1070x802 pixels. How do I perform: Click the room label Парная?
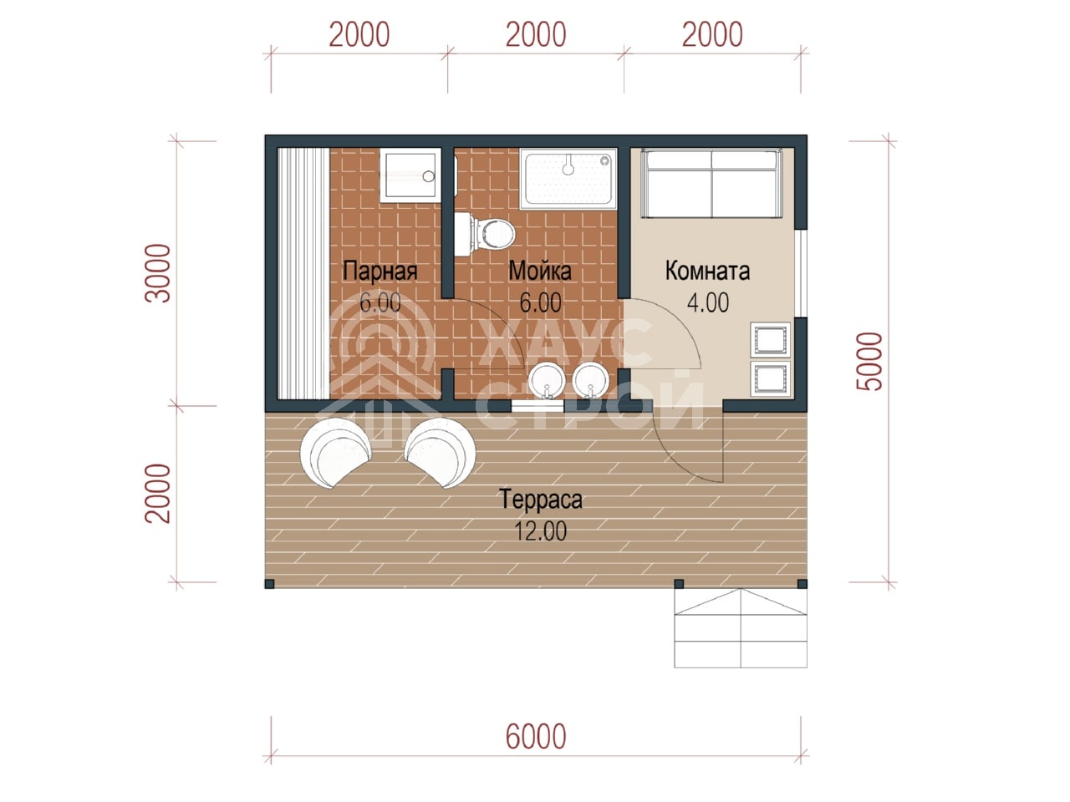tap(380, 271)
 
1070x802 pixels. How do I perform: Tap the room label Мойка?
tap(540, 271)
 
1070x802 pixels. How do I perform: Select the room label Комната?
tap(707, 271)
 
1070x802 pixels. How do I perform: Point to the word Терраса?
tap(541, 500)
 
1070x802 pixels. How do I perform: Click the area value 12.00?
tap(540, 530)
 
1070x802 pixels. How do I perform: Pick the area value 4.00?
tap(708, 302)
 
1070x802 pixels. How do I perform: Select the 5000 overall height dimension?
tap(869, 361)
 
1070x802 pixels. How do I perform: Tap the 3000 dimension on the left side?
tap(158, 273)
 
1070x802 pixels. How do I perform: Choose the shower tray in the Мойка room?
tap(568, 179)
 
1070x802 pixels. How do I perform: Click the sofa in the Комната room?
tap(711, 184)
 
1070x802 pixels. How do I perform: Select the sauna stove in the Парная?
tap(409, 175)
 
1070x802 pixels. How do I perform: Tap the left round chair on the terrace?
tap(335, 452)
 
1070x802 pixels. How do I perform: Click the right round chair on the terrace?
tap(441, 452)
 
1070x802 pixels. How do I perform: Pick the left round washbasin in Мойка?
tap(547, 380)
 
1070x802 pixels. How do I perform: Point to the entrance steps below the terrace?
tap(740, 628)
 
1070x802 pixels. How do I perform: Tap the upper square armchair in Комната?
tap(770, 339)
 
